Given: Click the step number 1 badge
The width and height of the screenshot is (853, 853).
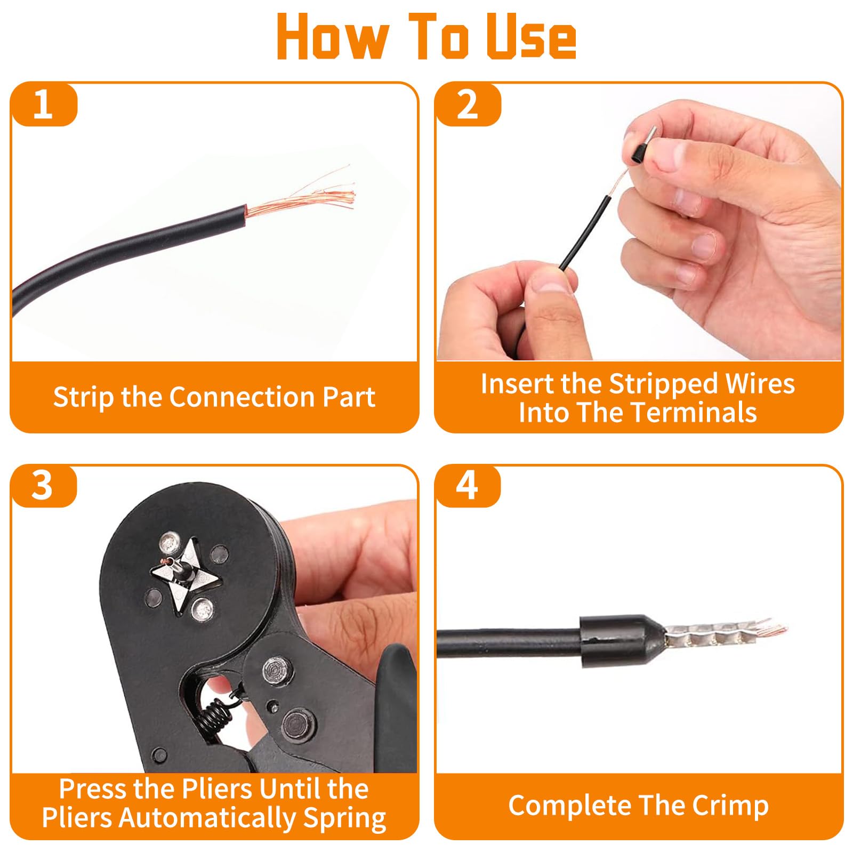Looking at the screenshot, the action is pyautogui.click(x=44, y=104).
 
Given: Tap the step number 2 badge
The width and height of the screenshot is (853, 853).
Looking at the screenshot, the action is pyautogui.click(x=468, y=104).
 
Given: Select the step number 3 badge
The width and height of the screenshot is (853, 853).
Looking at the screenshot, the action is pyautogui.click(x=44, y=486).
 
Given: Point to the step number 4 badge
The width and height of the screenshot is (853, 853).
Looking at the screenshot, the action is pyautogui.click(x=468, y=486).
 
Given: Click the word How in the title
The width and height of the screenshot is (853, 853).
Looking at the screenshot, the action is pyautogui.click(x=332, y=36).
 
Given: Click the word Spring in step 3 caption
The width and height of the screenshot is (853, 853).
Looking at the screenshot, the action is pyautogui.click(x=344, y=819).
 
